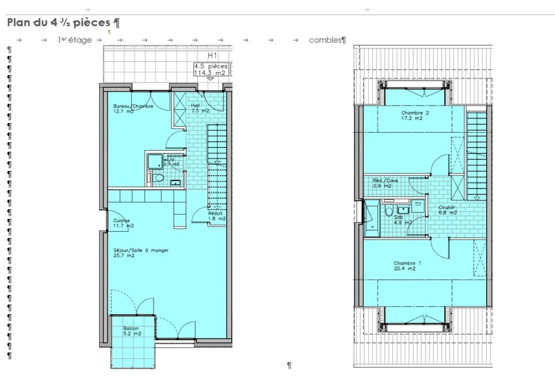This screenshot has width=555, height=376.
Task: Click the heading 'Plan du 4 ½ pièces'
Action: click(59, 23)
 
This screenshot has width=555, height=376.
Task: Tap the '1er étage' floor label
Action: click(75, 40)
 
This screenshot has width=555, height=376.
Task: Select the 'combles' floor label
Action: click(325, 40)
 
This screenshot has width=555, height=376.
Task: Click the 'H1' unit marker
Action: click(212, 55)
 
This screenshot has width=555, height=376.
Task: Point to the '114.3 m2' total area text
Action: click(210, 73)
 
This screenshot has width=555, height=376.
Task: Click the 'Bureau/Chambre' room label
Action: click(133, 106)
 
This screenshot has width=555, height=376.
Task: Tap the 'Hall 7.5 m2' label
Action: click(200, 108)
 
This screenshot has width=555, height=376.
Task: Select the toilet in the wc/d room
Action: click(158, 178)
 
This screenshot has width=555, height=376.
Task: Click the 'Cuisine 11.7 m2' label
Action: click(123, 223)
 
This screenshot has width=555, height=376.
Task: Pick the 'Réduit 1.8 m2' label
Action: click(217, 216)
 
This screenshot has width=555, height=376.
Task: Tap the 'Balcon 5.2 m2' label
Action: click(132, 331)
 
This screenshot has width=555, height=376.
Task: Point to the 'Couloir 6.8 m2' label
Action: click(447, 210)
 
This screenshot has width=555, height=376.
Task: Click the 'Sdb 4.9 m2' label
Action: click(402, 220)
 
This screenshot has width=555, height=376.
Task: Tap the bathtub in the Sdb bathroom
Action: click(372, 219)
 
